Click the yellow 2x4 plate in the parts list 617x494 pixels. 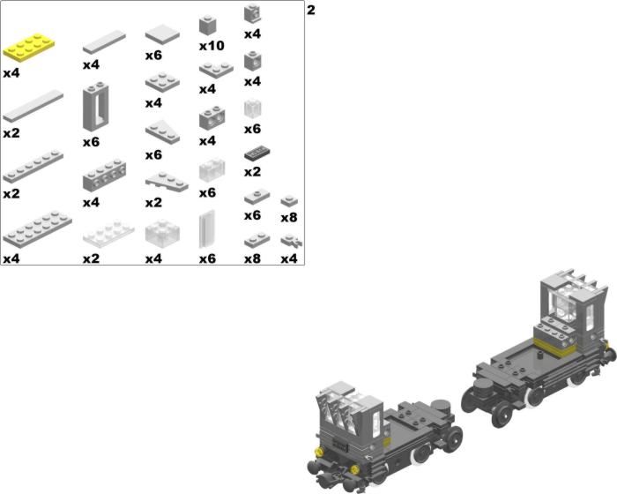29,47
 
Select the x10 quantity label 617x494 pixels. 212,46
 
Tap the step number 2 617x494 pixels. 311,11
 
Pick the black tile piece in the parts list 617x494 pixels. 257,153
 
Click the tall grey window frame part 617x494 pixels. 95,107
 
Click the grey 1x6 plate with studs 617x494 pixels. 33,166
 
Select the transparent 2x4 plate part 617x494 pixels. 108,234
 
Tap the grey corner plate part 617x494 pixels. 216,70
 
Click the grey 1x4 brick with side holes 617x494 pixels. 104,176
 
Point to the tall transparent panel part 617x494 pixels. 207,228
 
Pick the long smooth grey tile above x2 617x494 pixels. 33,106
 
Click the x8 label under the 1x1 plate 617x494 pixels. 289,217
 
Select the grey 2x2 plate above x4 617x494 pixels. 162,82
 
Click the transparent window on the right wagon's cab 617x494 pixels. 566,306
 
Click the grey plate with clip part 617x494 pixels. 291,241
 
